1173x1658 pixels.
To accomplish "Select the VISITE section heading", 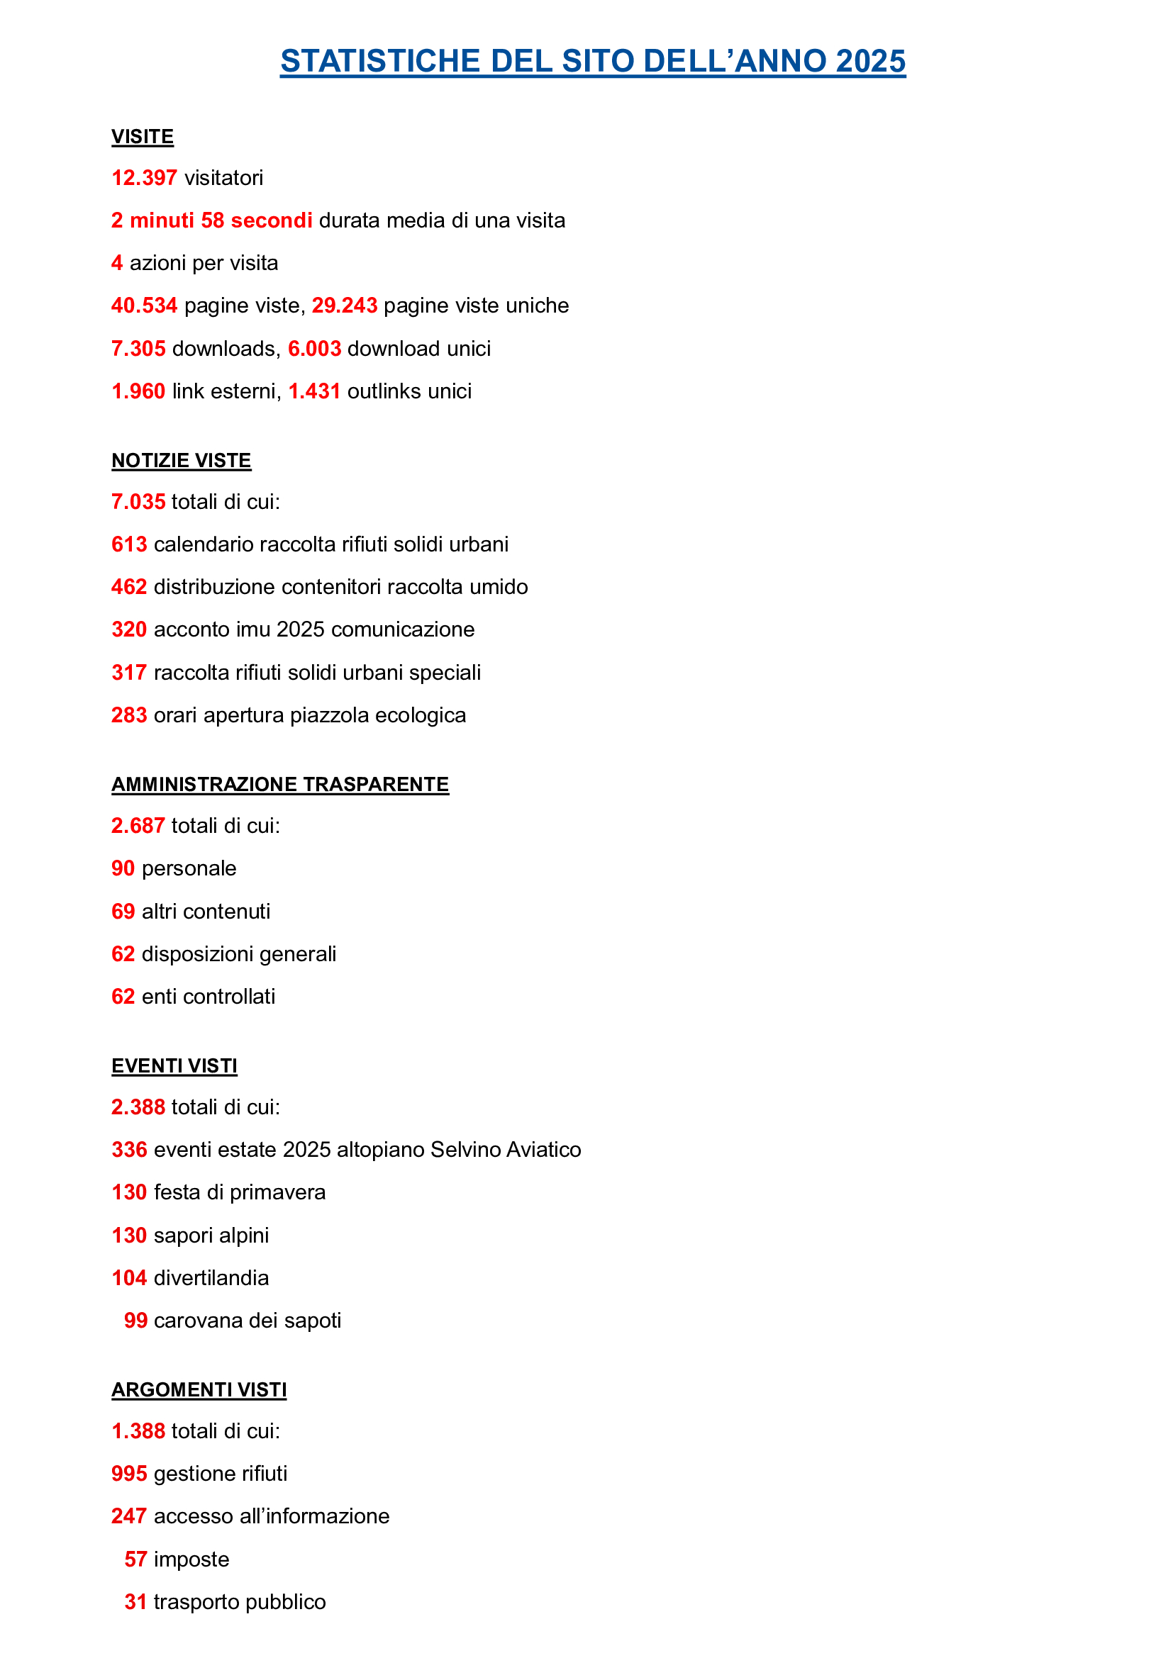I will point(143,137).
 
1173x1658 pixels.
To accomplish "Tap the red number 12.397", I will point(144,178).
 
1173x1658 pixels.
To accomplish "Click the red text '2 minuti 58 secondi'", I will point(211,220).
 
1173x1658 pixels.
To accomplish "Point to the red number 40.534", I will point(144,306).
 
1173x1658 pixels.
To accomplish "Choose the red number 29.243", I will point(345,306).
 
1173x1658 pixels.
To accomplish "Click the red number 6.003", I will point(314,349).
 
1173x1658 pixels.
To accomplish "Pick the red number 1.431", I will point(314,391).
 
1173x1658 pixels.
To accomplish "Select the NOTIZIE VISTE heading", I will point(182,460).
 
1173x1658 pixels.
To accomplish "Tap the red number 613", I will point(129,544).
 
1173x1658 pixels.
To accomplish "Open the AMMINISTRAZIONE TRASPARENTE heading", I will point(280,784).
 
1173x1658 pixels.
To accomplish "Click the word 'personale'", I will point(189,869).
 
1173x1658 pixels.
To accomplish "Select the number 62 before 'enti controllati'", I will point(123,997).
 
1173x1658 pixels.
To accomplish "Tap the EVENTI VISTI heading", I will point(174,1066).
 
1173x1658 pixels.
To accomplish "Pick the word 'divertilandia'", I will point(211,1278).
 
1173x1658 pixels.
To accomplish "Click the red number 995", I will point(129,1474).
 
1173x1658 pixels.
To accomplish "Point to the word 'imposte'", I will point(191,1559).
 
